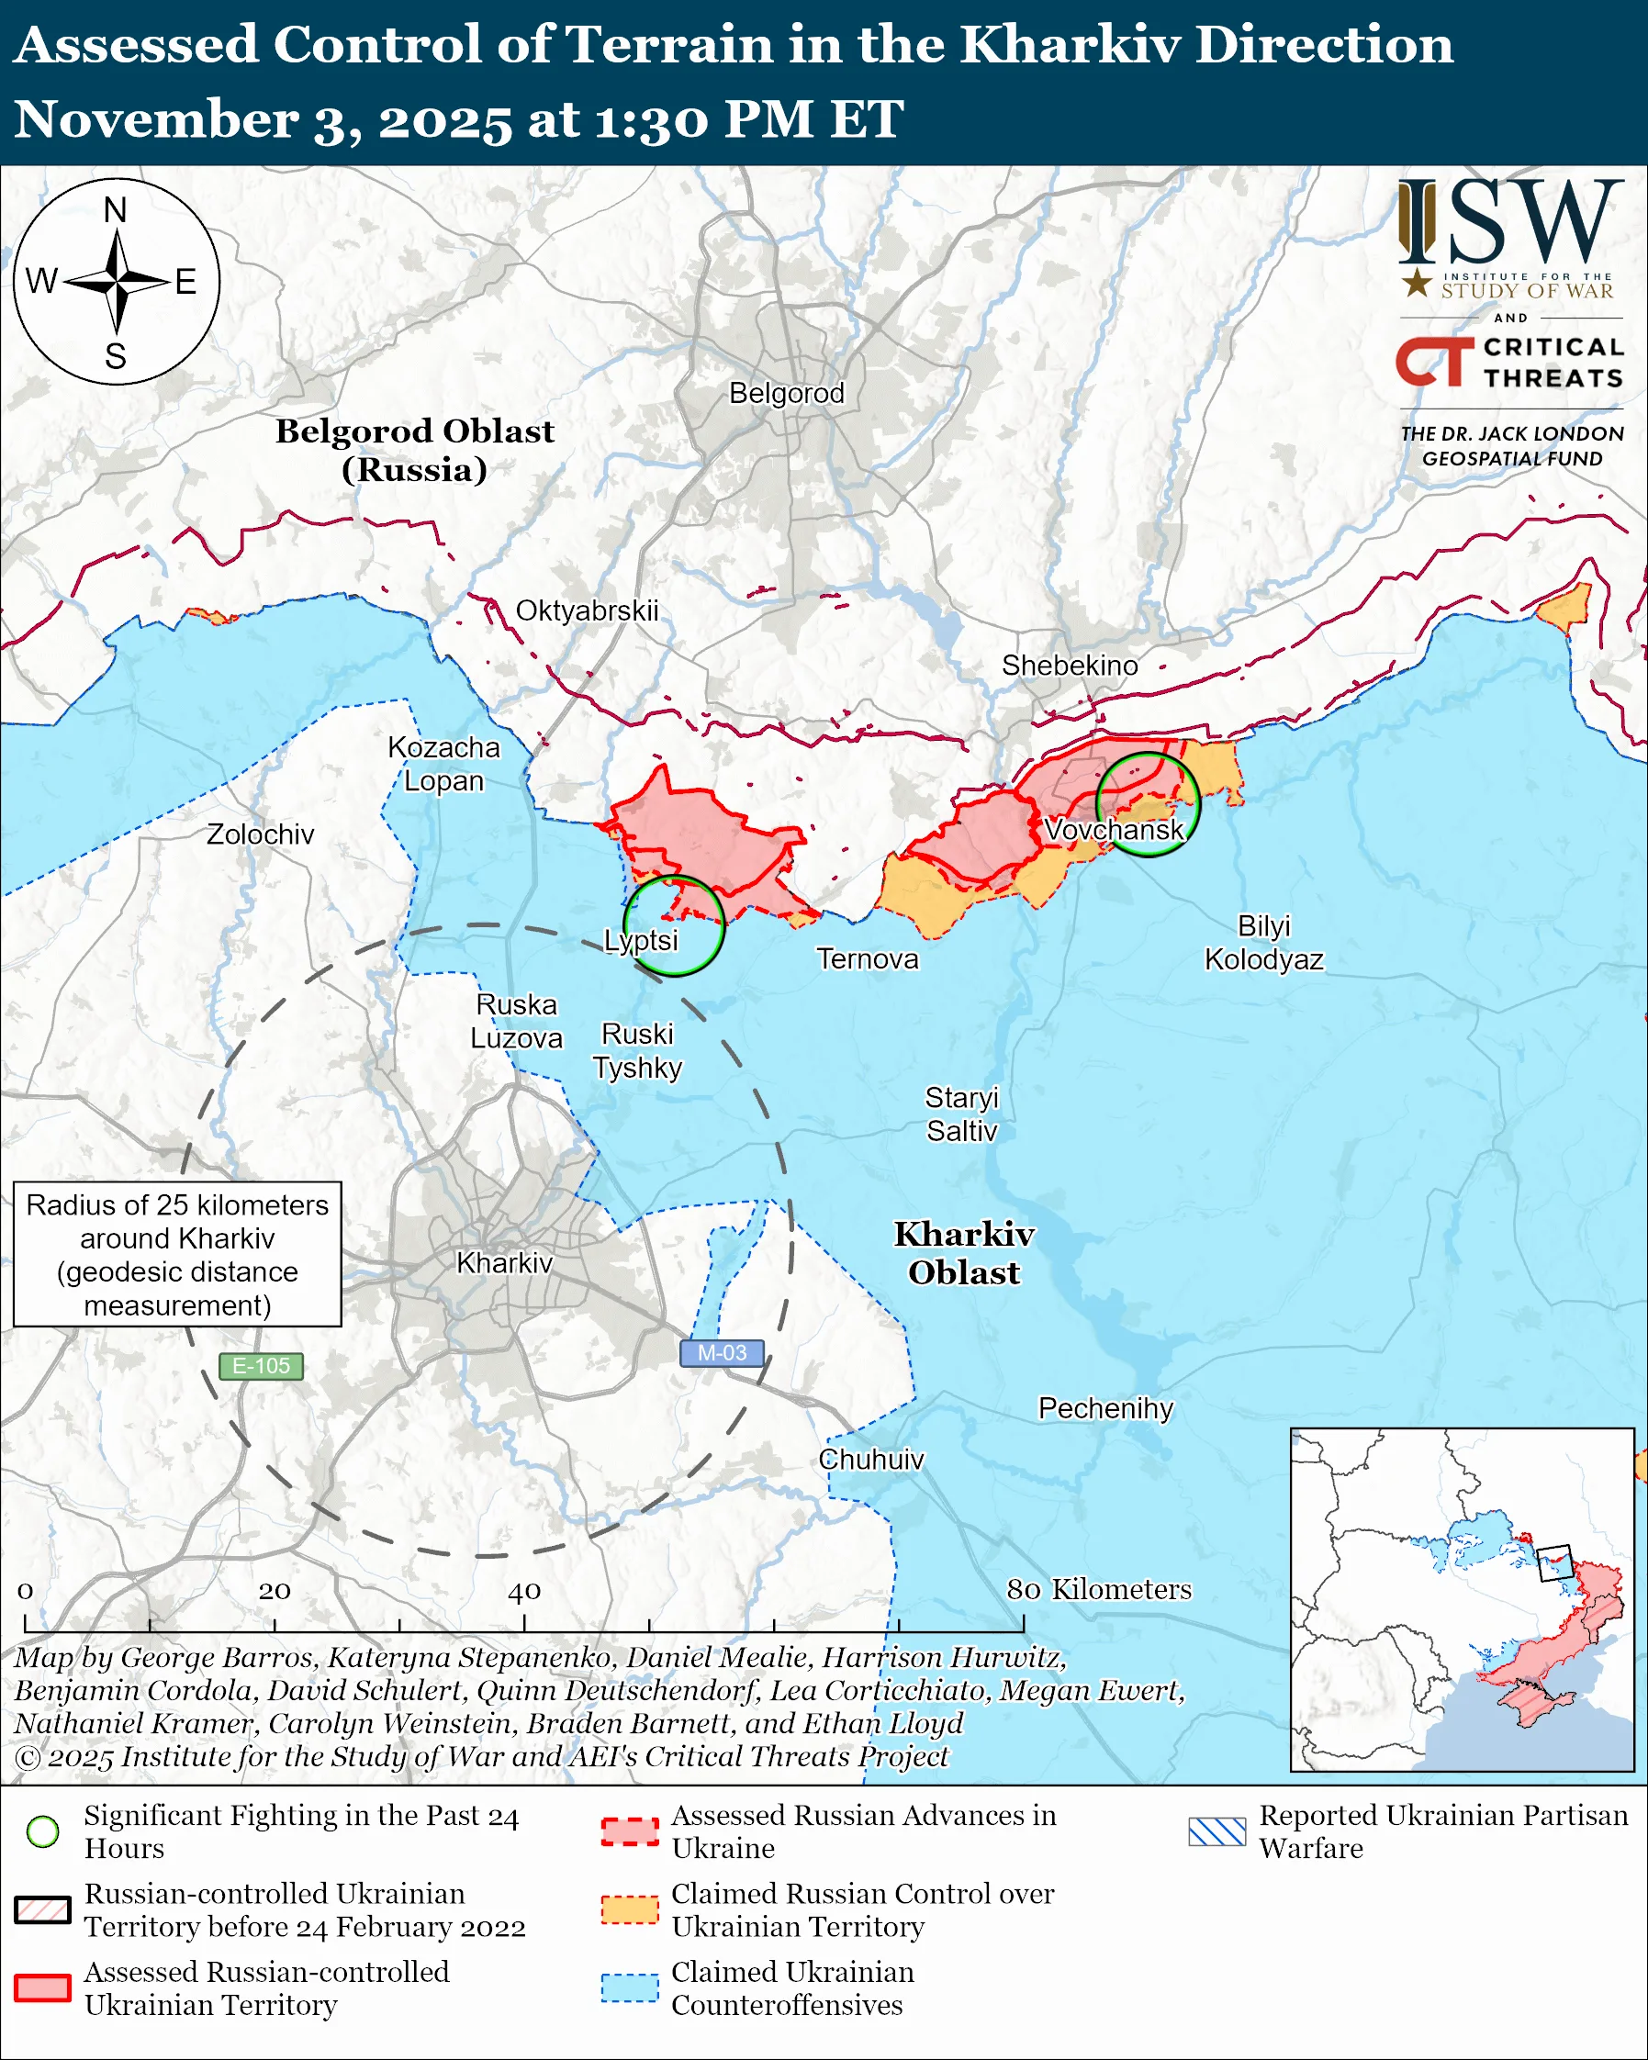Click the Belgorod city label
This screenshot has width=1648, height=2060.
tap(786, 393)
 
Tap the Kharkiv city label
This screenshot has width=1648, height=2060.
tap(504, 1263)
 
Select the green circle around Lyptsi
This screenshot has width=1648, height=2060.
tap(674, 925)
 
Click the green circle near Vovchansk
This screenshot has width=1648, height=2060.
tap(1147, 804)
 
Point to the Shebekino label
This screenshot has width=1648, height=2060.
tap(1069, 665)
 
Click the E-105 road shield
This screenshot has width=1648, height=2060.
tap(261, 1365)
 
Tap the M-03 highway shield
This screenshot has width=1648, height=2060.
tap(722, 1353)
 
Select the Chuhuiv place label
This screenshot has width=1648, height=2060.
tap(870, 1459)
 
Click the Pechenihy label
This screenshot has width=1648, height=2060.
tap(1105, 1408)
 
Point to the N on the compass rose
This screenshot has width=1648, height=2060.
tap(116, 210)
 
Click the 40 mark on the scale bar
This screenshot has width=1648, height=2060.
tap(523, 1591)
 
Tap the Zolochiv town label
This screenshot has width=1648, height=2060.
tap(260, 834)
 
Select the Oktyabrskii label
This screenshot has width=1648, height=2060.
tap(587, 610)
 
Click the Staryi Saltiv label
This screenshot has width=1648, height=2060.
tap(961, 1114)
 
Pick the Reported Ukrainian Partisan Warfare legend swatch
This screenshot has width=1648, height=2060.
tap(1217, 1831)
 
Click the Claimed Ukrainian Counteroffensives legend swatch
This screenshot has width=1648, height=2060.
tap(630, 1987)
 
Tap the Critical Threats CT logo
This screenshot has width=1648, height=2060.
tap(1434, 361)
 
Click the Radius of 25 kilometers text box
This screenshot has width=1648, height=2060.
tap(178, 1255)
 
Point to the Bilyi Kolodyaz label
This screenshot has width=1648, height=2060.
tap(1263, 942)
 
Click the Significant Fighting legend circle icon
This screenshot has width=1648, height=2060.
tap(43, 1831)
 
